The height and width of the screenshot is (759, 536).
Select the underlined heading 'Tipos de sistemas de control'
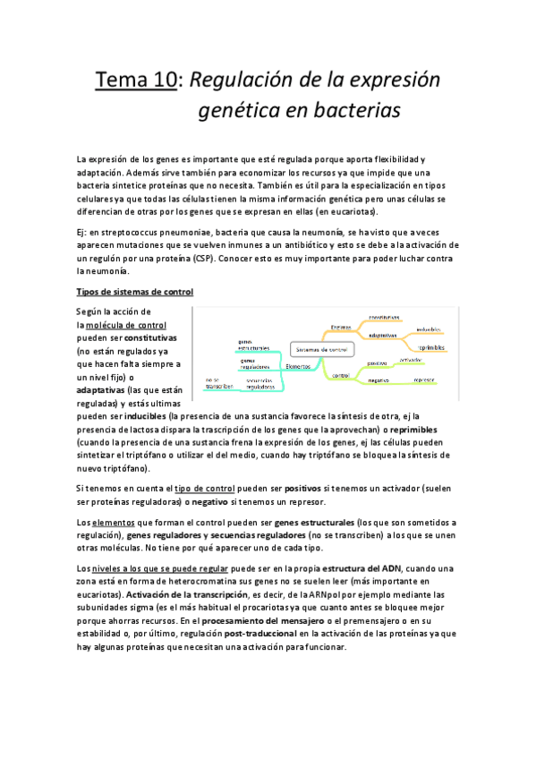pos(135,293)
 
